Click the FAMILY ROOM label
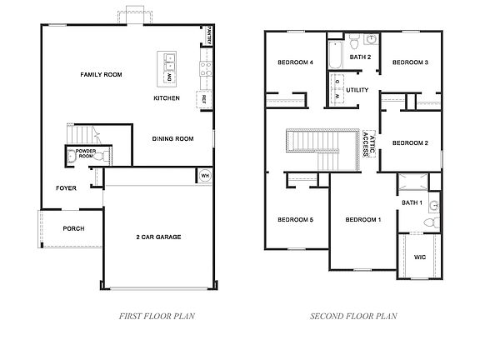click(x=101, y=75)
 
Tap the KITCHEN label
click(x=167, y=98)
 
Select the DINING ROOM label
click(x=172, y=139)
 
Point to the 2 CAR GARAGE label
click(x=158, y=237)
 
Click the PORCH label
click(x=74, y=228)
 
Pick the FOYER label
click(x=66, y=188)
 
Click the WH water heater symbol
click(x=205, y=176)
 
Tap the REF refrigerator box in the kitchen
click(x=202, y=99)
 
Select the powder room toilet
click(x=72, y=155)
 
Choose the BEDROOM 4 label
click(x=295, y=62)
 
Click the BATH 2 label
click(x=360, y=57)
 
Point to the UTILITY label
click(x=357, y=89)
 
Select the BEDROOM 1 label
click(x=362, y=219)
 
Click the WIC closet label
click(x=420, y=257)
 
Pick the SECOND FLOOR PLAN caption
click(x=353, y=316)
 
